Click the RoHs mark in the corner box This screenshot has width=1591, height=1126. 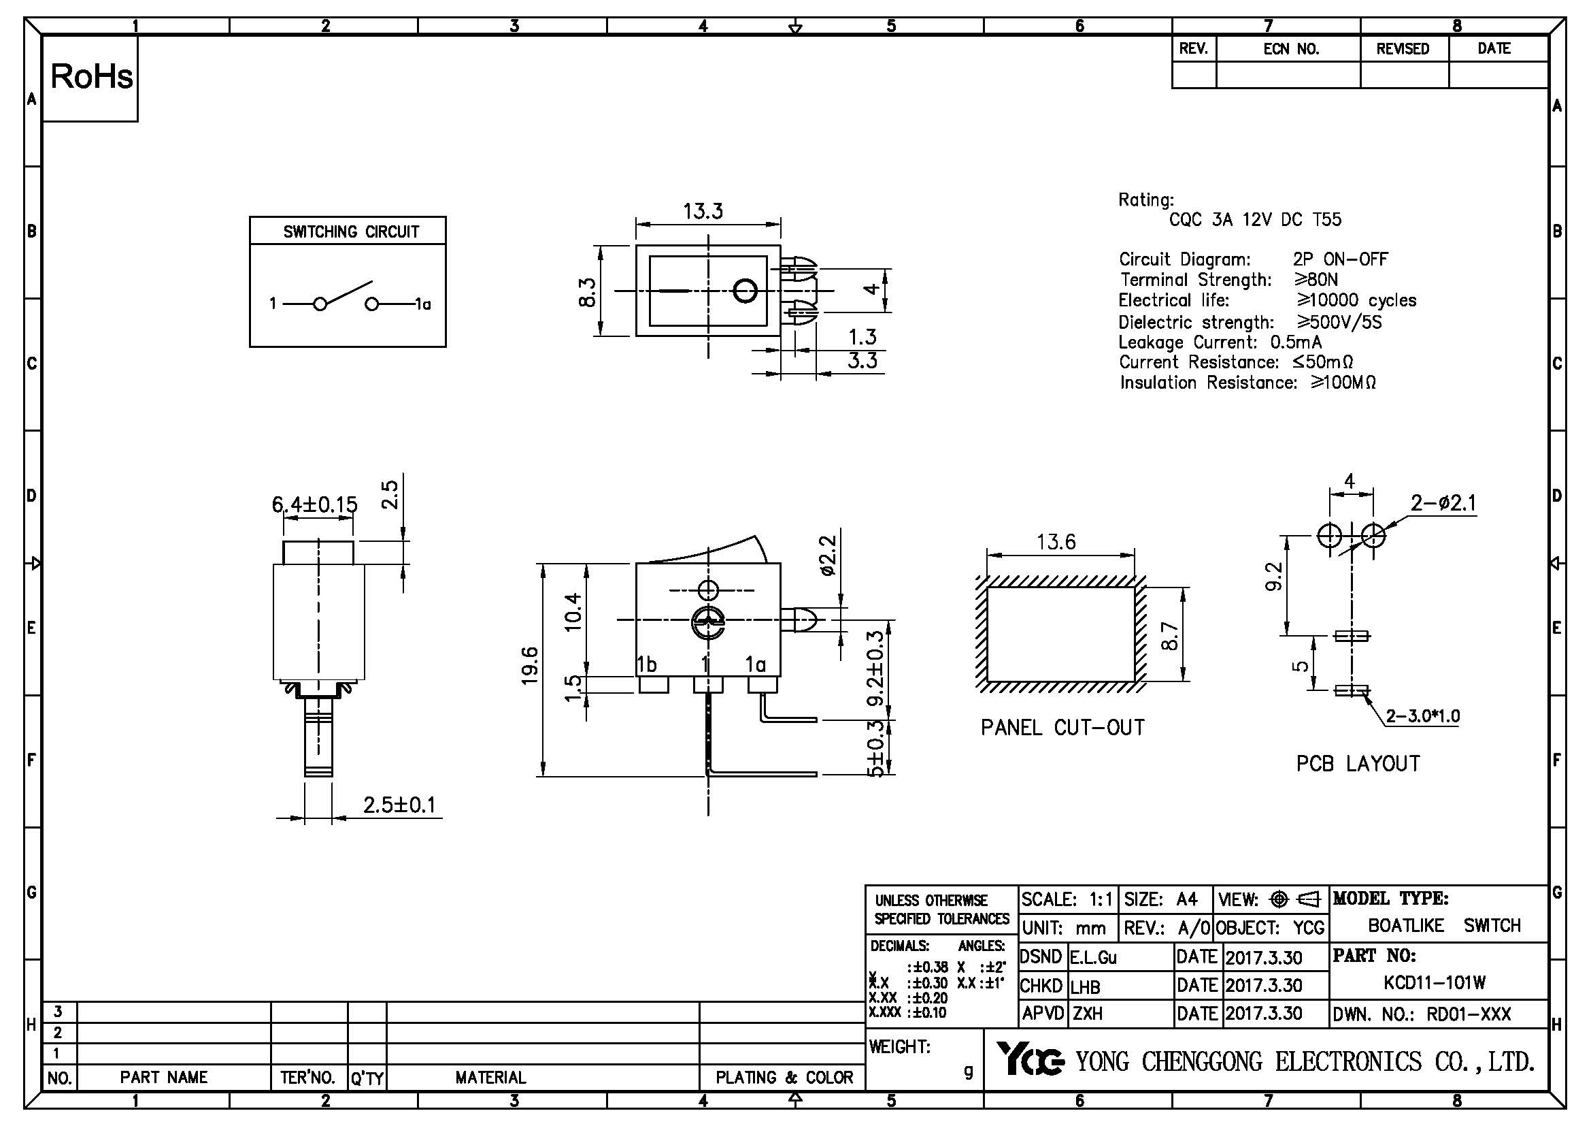click(91, 77)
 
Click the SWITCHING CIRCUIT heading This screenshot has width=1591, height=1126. click(350, 231)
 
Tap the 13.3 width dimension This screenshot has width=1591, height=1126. click(703, 211)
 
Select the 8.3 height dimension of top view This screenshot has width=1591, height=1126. click(587, 292)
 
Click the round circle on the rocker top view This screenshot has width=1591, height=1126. click(745, 291)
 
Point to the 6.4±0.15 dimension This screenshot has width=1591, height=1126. click(315, 504)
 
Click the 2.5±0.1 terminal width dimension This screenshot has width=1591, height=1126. click(400, 805)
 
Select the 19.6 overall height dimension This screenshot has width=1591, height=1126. click(530, 666)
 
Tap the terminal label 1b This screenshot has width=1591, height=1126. click(646, 664)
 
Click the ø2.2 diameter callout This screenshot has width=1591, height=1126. click(828, 555)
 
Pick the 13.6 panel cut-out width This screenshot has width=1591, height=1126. click(1056, 541)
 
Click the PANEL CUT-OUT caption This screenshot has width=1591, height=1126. click(1062, 727)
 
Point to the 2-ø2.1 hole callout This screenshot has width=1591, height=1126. click(1443, 502)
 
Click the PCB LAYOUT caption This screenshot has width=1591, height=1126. click(1358, 763)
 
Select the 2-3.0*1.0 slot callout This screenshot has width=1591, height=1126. click(1422, 715)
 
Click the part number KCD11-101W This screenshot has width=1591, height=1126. click(1435, 982)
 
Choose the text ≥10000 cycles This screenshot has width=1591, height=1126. click(1356, 300)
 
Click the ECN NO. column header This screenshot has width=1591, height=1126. click(1291, 49)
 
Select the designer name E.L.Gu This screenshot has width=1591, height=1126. click(1094, 958)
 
